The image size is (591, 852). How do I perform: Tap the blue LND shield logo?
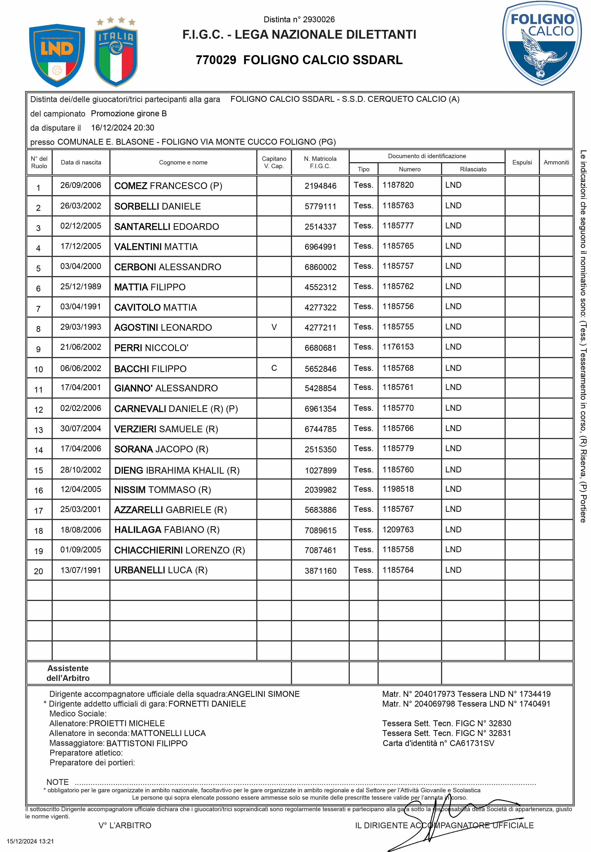pos(57,55)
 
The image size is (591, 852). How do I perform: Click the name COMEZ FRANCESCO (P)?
pos(168,186)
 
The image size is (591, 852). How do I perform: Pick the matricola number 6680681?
pos(320,348)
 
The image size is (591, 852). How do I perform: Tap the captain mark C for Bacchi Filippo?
pos(274,368)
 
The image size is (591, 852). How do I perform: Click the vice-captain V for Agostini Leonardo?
pos(274,327)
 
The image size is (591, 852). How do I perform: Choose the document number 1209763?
pos(398,529)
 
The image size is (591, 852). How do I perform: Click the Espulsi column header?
pos(522,162)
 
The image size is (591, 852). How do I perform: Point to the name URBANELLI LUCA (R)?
pos(161,570)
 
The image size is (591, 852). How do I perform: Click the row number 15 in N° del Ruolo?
pos(39,470)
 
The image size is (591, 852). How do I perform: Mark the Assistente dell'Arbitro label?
pos(68,673)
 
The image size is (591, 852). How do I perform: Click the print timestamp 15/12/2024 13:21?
pos(30,841)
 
